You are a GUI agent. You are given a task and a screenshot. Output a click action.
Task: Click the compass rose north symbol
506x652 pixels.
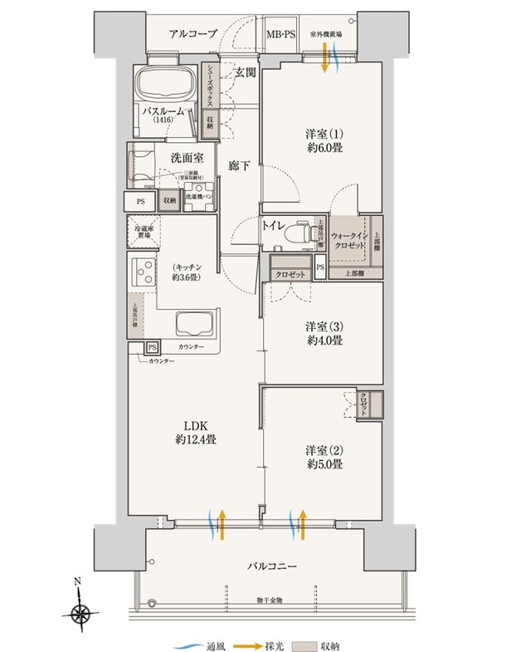click(80, 613)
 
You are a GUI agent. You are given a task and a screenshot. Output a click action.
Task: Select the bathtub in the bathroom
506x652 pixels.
click(164, 86)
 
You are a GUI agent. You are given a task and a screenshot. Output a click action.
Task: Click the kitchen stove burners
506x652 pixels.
click(143, 272)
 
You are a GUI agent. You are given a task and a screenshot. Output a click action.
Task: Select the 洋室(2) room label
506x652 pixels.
click(324, 457)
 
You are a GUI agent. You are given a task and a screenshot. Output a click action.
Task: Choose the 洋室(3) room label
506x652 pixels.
click(324, 332)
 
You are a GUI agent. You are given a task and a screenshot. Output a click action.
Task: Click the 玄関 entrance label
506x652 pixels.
click(244, 73)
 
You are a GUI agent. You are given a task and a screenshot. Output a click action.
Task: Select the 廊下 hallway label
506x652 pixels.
click(240, 166)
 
